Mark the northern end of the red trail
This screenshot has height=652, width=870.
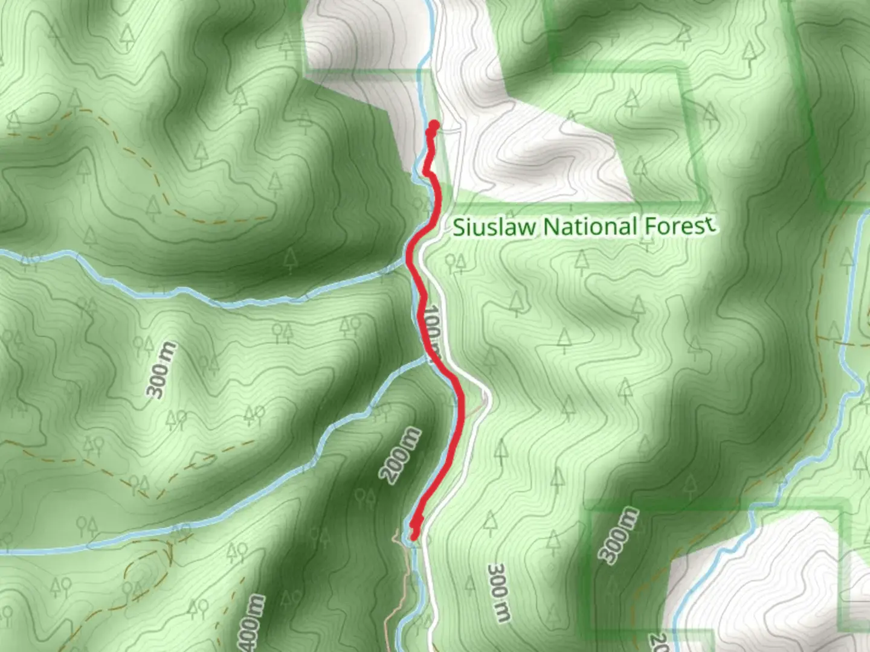(x=433, y=126)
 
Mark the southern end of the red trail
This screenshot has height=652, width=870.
(x=414, y=535)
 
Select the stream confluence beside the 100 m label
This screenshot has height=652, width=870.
(x=427, y=359)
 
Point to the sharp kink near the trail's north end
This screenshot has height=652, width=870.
(x=426, y=173)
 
